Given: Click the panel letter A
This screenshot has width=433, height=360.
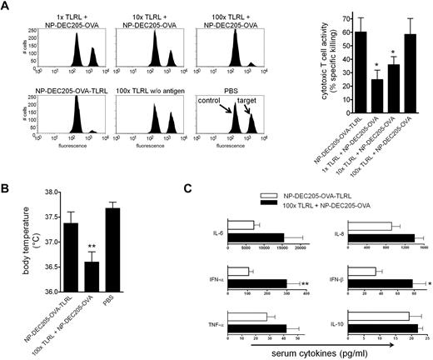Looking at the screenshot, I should [6, 7].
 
